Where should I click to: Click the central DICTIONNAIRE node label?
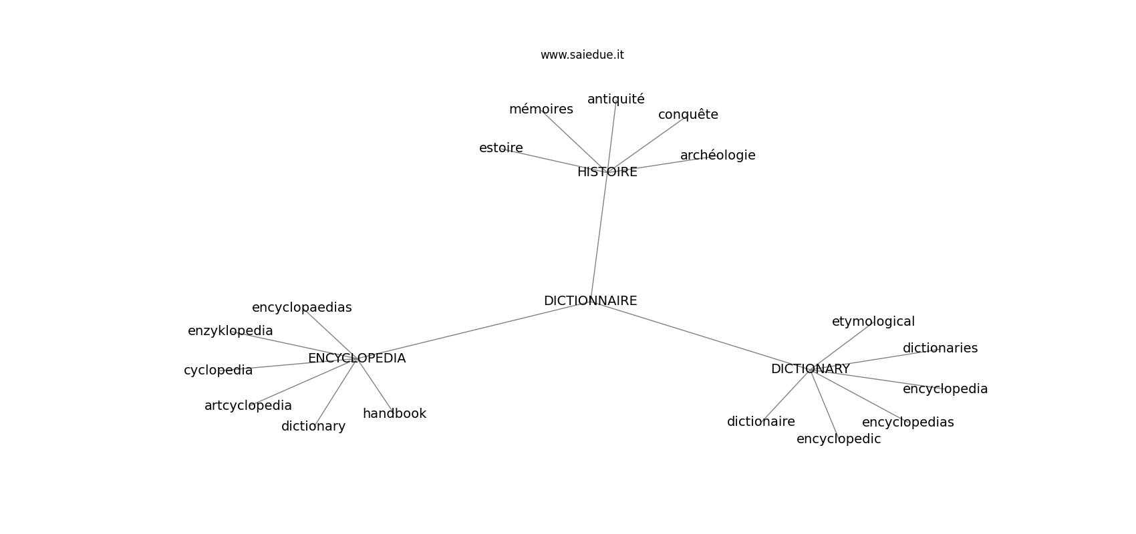point(590,301)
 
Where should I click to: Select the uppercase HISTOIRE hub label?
point(607,172)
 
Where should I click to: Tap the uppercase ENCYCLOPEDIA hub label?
point(357,358)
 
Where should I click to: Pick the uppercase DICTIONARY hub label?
point(811,369)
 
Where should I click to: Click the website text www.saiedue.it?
point(582,55)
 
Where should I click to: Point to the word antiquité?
point(615,99)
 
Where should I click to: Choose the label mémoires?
point(541,109)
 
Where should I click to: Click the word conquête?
point(688,115)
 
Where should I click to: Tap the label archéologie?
point(718,156)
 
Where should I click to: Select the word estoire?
point(501,148)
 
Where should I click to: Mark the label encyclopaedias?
point(302,308)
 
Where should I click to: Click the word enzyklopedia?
point(231,331)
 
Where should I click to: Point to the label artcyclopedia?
point(248,406)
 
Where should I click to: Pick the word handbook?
point(394,413)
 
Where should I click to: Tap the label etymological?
point(873,321)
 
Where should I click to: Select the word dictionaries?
point(940,348)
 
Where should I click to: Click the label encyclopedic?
point(839,439)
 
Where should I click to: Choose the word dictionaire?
point(760,421)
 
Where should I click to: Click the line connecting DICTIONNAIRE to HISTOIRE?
point(599,236)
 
